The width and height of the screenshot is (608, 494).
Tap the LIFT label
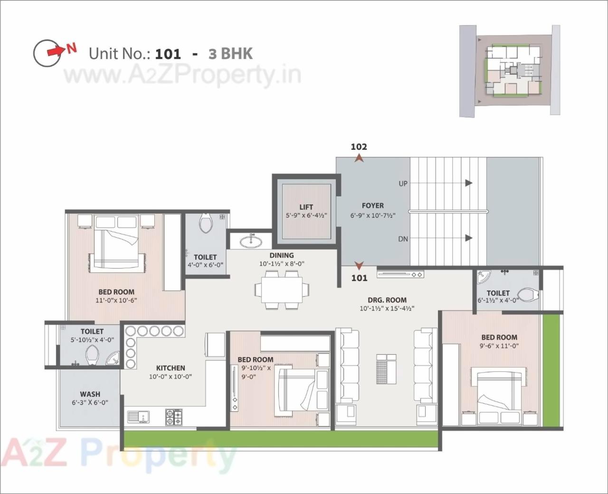306,207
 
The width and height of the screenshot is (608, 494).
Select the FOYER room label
372,206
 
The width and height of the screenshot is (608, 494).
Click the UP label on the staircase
403,184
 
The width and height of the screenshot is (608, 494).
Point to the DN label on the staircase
403,239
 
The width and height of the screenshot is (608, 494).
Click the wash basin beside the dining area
250,242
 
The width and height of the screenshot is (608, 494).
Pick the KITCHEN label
171,368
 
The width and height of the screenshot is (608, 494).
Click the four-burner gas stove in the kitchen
174,417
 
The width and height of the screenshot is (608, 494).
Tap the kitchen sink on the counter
138,417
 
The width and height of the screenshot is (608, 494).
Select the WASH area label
90,394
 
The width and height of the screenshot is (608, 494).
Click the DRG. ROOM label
387,300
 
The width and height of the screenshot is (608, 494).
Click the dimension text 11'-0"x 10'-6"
116,300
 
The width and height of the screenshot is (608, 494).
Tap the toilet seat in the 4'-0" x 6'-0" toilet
206,223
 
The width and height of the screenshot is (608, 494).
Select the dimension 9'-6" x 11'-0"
499,346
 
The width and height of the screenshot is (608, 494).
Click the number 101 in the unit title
168,54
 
